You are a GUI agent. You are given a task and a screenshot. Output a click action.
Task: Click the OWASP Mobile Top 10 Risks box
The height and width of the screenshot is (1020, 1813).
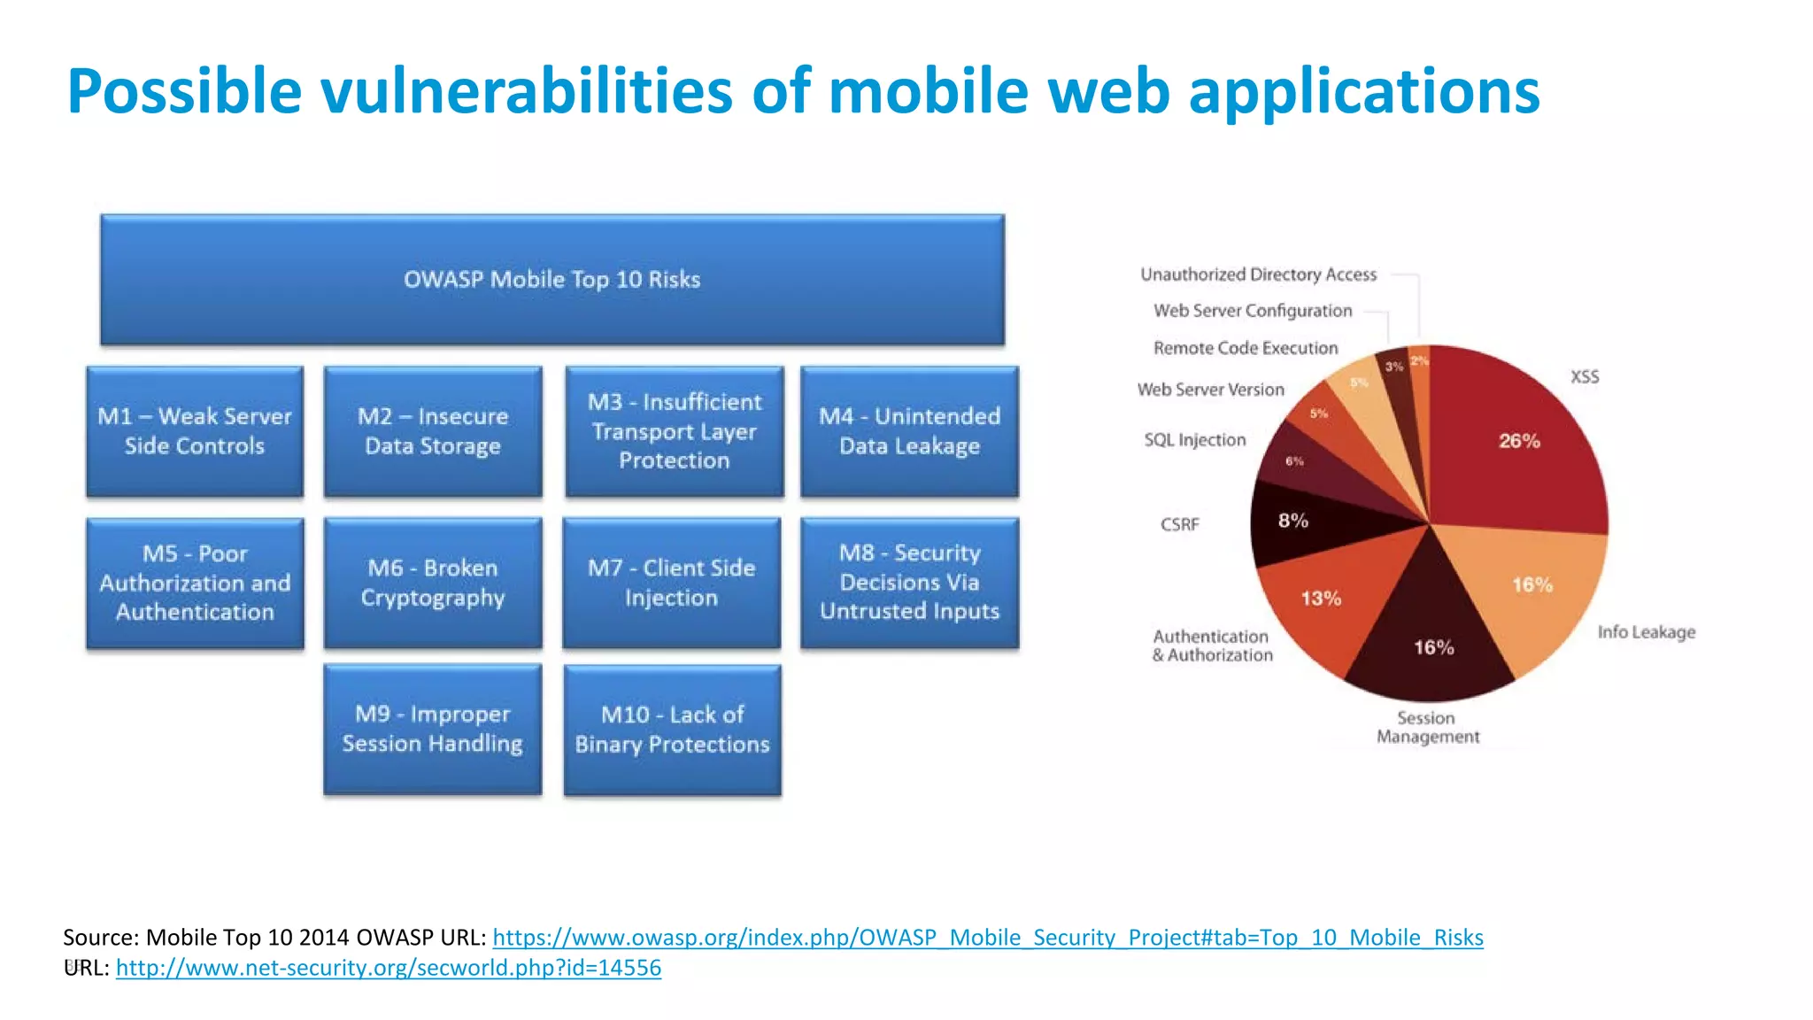click(x=552, y=280)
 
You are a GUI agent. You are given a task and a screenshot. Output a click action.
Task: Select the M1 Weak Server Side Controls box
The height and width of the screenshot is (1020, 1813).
click(x=195, y=431)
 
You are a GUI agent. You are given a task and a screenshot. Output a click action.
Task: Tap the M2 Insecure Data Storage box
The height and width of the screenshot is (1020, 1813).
click(x=433, y=431)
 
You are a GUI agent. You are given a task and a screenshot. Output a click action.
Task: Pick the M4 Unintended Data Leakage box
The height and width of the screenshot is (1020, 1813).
click(x=909, y=431)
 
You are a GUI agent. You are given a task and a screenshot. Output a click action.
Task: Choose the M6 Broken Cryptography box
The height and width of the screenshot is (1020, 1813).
click(x=433, y=583)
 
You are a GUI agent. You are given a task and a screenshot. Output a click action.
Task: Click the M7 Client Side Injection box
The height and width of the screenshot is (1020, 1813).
click(x=672, y=583)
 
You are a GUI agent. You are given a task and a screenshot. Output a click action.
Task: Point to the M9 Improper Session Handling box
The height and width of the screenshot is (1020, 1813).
click(x=433, y=729)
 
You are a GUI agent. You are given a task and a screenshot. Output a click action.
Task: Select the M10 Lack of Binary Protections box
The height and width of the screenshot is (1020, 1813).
click(x=672, y=730)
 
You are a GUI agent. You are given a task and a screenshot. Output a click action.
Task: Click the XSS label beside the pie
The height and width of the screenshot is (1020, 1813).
click(x=1585, y=377)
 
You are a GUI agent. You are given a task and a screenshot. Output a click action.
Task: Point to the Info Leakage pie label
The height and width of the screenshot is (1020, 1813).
click(x=1646, y=632)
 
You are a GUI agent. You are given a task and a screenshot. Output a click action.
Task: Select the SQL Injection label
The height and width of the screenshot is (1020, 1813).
click(x=1194, y=440)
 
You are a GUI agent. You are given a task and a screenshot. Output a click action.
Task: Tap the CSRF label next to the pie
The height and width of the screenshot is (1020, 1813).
click(x=1180, y=524)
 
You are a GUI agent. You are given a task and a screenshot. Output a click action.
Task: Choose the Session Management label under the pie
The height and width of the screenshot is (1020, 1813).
click(x=1427, y=727)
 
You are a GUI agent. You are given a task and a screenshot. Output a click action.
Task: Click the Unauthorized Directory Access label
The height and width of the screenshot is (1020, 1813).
click(x=1258, y=274)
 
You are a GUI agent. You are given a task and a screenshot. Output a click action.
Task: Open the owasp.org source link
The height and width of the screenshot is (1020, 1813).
click(x=987, y=937)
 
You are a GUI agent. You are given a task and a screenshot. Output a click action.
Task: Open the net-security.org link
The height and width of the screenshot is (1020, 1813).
click(x=388, y=967)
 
